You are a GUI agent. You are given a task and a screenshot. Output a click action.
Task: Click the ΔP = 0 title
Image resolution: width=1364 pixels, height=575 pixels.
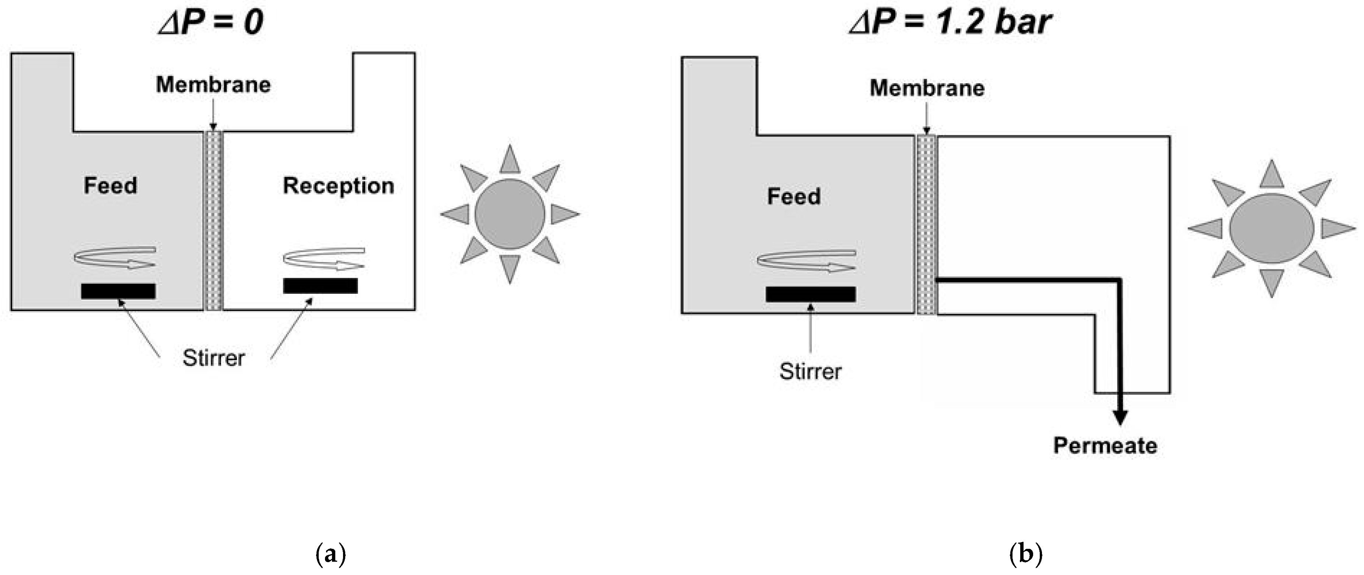pyautogui.click(x=211, y=22)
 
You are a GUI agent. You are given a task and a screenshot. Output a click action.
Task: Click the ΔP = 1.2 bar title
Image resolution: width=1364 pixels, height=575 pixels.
pyautogui.click(x=950, y=22)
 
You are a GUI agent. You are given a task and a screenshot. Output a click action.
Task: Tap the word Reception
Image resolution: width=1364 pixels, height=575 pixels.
pyautogui.click(x=338, y=186)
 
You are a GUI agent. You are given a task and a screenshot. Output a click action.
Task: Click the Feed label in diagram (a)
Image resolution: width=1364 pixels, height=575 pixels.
pyautogui.click(x=110, y=185)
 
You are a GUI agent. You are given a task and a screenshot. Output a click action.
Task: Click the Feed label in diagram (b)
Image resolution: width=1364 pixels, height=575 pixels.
pyautogui.click(x=794, y=196)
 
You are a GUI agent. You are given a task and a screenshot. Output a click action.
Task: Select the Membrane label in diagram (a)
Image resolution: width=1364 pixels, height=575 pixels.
pyautogui.click(x=213, y=85)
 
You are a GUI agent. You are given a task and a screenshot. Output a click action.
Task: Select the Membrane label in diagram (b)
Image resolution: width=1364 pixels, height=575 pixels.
pyautogui.click(x=927, y=88)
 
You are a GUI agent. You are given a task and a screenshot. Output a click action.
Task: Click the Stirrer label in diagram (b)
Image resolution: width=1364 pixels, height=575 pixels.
pyautogui.click(x=810, y=371)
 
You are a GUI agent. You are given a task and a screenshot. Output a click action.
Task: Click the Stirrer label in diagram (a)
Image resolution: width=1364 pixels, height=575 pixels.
pyautogui.click(x=213, y=358)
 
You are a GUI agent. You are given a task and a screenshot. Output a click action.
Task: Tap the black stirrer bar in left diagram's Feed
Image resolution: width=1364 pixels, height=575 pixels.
pyautogui.click(x=118, y=291)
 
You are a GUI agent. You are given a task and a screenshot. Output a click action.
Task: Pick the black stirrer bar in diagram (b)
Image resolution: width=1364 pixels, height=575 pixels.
pyautogui.click(x=810, y=295)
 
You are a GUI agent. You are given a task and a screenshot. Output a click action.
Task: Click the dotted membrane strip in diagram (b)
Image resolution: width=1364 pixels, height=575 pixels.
pyautogui.click(x=926, y=225)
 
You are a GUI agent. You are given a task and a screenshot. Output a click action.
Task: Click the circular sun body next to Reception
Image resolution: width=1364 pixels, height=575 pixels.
pyautogui.click(x=510, y=214)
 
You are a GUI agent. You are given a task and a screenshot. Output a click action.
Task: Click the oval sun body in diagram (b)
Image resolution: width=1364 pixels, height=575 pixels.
pyautogui.click(x=1272, y=228)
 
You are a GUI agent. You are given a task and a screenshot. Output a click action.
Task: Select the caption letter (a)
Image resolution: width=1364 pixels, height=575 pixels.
pyautogui.click(x=330, y=554)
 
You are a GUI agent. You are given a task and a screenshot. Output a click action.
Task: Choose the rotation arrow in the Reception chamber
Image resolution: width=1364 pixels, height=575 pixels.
pyautogui.click(x=323, y=258)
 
